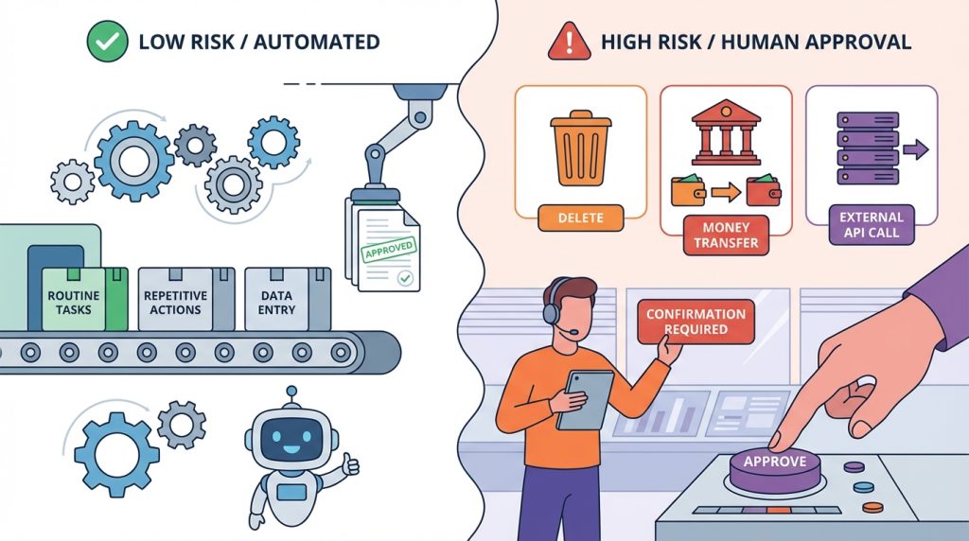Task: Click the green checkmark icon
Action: [x=107, y=42]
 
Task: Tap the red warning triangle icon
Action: [x=569, y=43]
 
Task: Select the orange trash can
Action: [x=580, y=148]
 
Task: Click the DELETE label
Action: [x=580, y=218]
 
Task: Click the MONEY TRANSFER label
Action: [x=726, y=236]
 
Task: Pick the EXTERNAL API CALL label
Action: [x=872, y=225]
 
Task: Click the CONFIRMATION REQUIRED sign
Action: [x=696, y=322]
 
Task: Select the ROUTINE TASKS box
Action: [x=74, y=300]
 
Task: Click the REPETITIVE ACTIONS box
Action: [x=175, y=300]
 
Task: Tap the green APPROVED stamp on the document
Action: [x=389, y=250]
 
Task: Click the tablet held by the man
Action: [x=585, y=399]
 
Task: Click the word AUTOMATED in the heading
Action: [x=316, y=42]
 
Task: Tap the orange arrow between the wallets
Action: [x=726, y=192]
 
